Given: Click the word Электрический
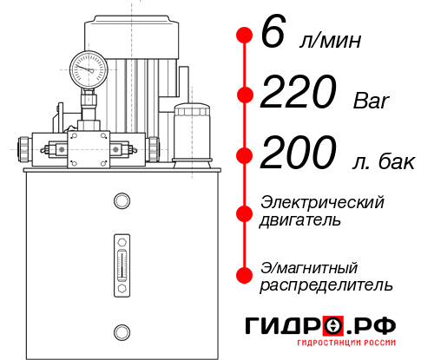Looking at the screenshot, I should [322, 202].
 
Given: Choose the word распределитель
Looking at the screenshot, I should [326, 285].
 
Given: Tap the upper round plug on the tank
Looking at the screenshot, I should [122, 201].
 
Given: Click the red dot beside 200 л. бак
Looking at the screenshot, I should [244, 155].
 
